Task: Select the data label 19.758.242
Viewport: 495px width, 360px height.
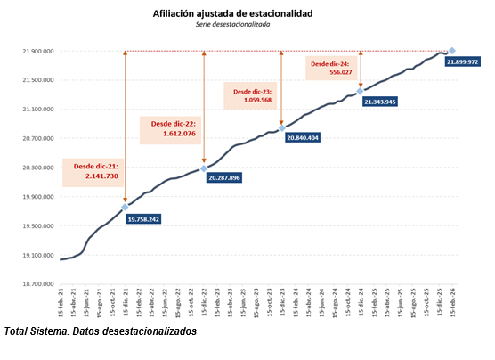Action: [143, 218]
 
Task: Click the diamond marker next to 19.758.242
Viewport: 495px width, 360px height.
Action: [125, 207]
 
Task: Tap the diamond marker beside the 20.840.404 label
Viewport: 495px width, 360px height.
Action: [282, 128]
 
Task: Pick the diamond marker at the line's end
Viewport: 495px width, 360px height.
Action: [452, 51]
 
